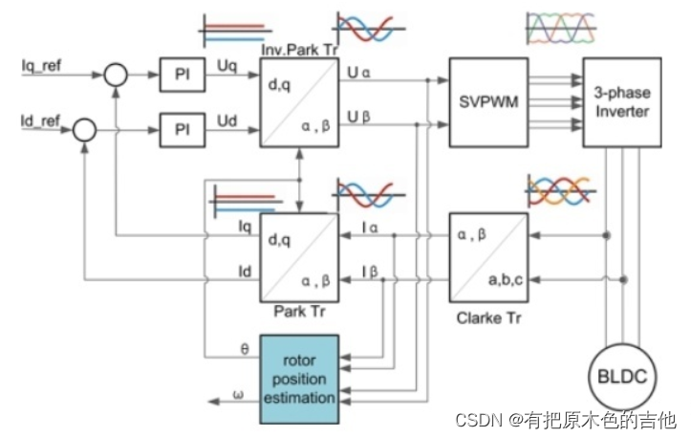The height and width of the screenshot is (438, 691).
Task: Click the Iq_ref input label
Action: (x=40, y=68)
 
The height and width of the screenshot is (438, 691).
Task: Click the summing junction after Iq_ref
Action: (x=117, y=76)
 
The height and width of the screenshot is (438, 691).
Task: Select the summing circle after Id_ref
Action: (x=84, y=127)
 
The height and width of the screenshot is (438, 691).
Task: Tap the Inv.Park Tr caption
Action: (x=298, y=48)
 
